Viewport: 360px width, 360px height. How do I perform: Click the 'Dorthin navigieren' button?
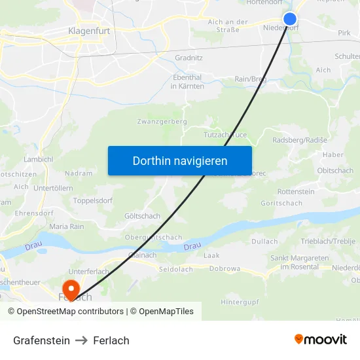click(x=180, y=160)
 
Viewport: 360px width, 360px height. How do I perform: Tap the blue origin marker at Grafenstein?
click(x=290, y=19)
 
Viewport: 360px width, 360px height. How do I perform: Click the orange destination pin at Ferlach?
click(x=70, y=288)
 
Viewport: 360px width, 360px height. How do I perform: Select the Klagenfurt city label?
click(x=88, y=30)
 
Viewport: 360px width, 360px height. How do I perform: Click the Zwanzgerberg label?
click(x=162, y=122)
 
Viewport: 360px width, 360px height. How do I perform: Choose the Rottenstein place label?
click(x=296, y=192)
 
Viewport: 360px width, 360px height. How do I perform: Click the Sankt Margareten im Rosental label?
click(x=300, y=262)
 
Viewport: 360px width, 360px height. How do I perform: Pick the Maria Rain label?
click(x=67, y=226)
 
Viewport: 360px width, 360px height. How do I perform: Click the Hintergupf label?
click(x=240, y=302)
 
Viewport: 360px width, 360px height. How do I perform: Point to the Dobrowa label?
click(x=225, y=268)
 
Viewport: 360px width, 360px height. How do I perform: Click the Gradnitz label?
click(x=189, y=58)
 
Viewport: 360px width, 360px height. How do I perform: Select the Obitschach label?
click(x=335, y=171)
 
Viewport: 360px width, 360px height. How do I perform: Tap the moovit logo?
click(x=321, y=339)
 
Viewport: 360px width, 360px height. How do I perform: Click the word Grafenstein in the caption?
click(x=41, y=340)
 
